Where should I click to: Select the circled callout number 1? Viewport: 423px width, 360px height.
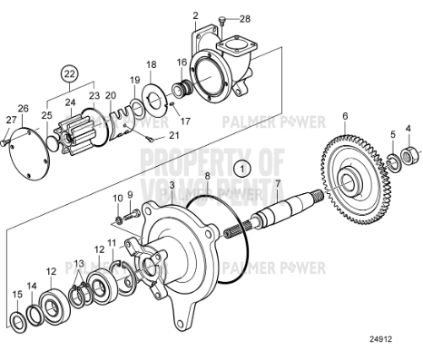[241, 168]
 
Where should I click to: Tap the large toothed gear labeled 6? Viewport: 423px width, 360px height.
[344, 178]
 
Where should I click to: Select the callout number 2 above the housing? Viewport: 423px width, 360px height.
[195, 15]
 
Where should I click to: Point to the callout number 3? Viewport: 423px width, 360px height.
[172, 185]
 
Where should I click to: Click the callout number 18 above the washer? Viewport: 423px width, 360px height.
[152, 64]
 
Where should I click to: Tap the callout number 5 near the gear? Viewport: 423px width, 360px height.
[391, 134]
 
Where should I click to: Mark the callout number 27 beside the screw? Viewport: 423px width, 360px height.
[10, 120]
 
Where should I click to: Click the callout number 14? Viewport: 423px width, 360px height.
[32, 286]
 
